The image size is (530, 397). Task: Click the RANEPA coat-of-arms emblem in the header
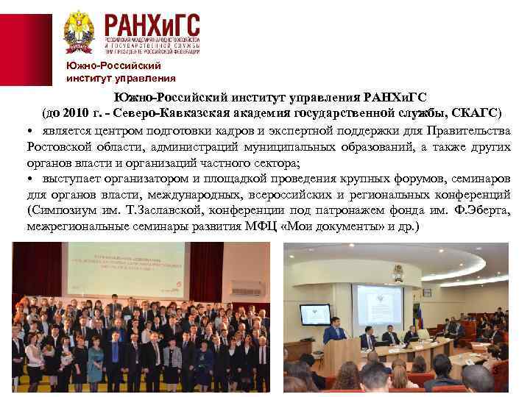click(x=78, y=30)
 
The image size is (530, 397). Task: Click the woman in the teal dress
click(x=95, y=360)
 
